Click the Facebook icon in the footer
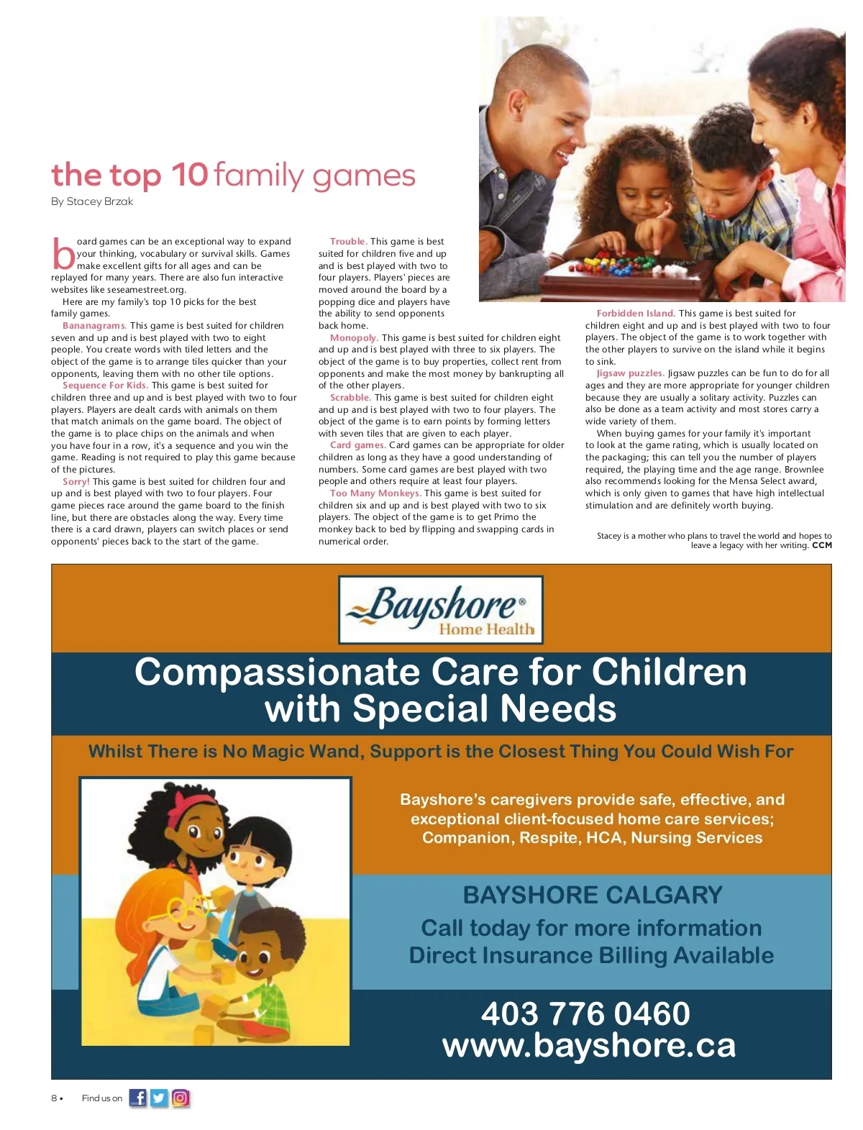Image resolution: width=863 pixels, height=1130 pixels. click(x=137, y=1098)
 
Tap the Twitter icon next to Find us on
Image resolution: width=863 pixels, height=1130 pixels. click(x=159, y=1098)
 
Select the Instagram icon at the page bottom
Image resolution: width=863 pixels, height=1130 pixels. click(x=181, y=1098)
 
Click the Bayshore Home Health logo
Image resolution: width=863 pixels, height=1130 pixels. click(x=441, y=610)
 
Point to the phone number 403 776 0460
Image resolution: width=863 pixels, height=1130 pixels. click(x=585, y=1013)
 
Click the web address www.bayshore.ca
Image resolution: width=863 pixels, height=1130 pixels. click(x=589, y=1045)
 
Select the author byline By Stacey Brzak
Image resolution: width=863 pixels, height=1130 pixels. click(x=92, y=201)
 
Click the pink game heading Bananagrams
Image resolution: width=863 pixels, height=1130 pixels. click(x=94, y=326)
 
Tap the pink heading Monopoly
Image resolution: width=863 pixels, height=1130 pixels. click(x=354, y=338)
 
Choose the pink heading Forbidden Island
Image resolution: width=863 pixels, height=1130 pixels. click(x=636, y=314)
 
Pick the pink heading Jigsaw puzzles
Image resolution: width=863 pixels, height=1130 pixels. click(x=630, y=373)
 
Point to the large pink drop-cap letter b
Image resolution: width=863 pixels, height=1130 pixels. click(x=63, y=253)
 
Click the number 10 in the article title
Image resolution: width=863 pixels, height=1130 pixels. click(x=189, y=175)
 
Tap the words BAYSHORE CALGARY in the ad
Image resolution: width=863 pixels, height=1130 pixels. click(x=593, y=895)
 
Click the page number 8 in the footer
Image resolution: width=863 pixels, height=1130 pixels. click(x=54, y=1098)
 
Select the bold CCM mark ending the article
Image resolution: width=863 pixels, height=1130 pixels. click(x=822, y=545)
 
